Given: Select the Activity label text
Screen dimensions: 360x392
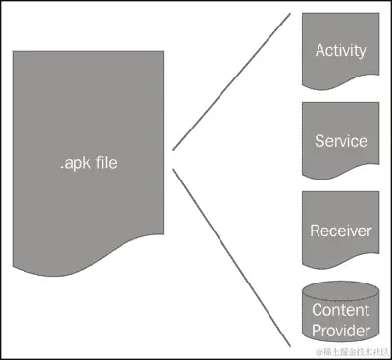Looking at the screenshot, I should [x=340, y=50].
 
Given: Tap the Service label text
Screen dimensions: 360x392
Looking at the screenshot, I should [x=340, y=141].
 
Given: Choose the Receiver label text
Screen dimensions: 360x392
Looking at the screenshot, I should [x=340, y=231].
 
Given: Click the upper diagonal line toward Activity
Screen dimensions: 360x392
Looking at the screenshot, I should [x=231, y=82].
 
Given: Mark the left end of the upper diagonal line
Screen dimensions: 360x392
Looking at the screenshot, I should [x=175, y=149].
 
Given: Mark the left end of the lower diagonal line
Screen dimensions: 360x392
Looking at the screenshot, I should [x=175, y=170].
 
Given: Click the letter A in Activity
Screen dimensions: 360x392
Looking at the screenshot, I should [x=319, y=50].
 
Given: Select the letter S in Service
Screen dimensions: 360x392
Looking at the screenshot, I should [x=318, y=141].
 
